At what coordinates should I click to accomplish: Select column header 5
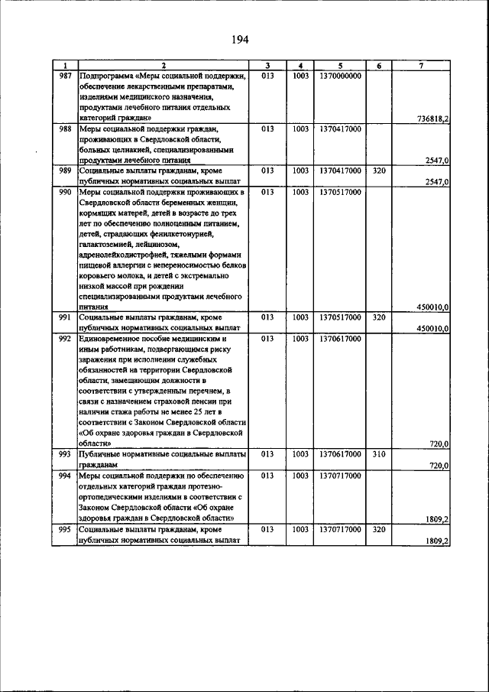coord(341,66)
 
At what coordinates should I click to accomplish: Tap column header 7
coord(421,66)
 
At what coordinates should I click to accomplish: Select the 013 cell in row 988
coord(267,129)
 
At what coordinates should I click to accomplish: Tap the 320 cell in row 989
coord(378,171)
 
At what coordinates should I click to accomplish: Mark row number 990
coord(65,192)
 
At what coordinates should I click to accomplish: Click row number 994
coord(65,475)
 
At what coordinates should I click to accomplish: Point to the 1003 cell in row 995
coord(300,529)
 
